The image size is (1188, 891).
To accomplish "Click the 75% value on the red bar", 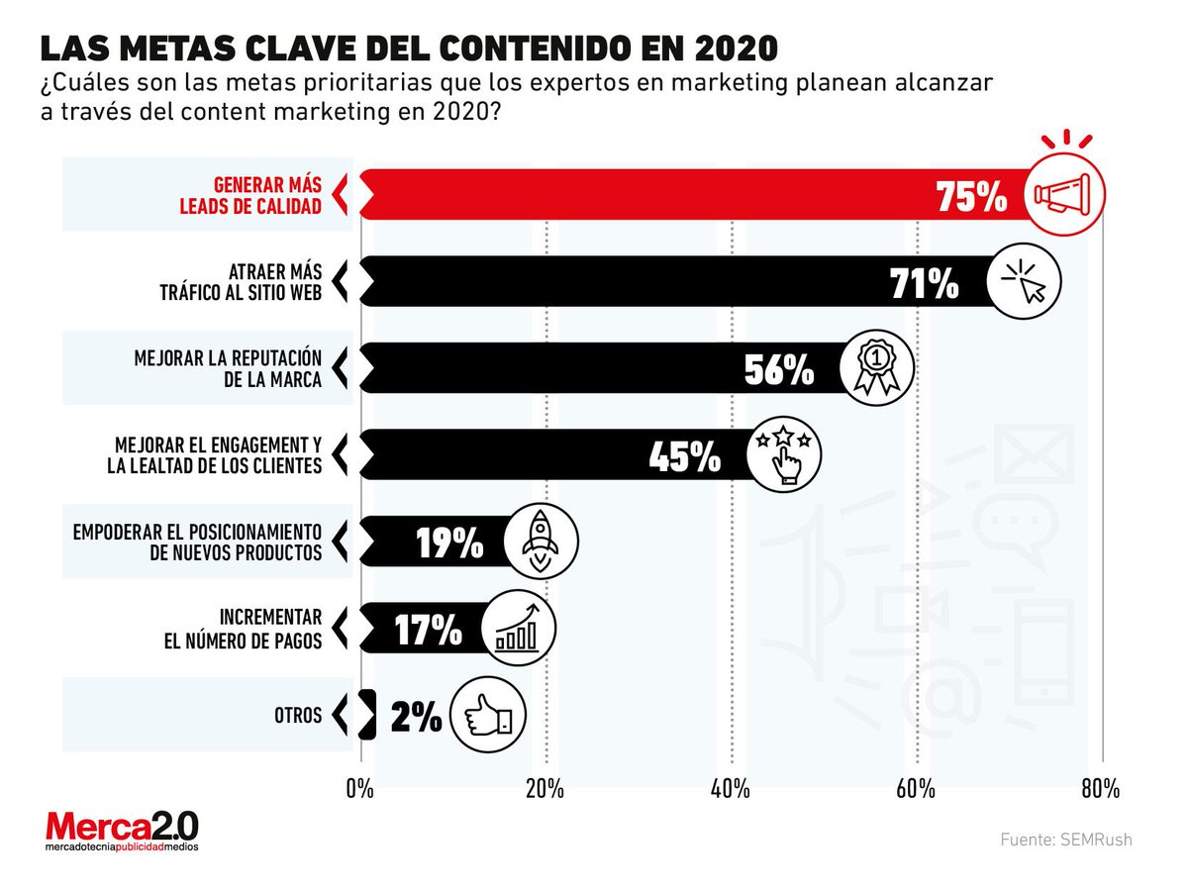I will pyautogui.click(x=970, y=197).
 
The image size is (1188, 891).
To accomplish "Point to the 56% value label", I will pyautogui.click(x=778, y=370).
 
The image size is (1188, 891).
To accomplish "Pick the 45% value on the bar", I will pyautogui.click(x=684, y=456).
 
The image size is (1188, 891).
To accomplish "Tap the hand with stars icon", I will pyautogui.click(x=783, y=455).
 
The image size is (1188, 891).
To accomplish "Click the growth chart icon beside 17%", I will pyautogui.click(x=518, y=629).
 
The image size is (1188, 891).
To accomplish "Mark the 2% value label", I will pyautogui.click(x=416, y=717).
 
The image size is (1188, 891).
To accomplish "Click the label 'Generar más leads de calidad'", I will pyautogui.click(x=267, y=195).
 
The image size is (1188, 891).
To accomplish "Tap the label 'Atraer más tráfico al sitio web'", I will pyautogui.click(x=241, y=282).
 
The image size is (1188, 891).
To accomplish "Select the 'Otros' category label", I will pyautogui.click(x=298, y=714).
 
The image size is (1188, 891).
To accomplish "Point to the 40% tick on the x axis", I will pyautogui.click(x=730, y=789).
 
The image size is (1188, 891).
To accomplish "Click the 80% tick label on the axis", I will pyautogui.click(x=1100, y=789).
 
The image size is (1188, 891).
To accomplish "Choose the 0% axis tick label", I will pyautogui.click(x=359, y=789).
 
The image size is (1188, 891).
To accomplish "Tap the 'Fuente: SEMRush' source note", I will pyautogui.click(x=1065, y=840).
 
